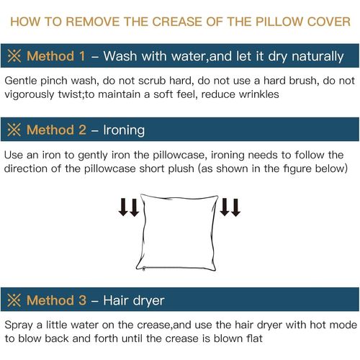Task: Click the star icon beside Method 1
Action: (14, 56)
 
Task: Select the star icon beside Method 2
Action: (14, 130)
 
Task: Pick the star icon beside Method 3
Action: (14, 300)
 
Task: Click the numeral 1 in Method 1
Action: (82, 56)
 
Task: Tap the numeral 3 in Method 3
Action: (82, 300)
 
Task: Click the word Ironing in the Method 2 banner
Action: (124, 130)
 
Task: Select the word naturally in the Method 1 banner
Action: (318, 57)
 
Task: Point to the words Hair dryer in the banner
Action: (134, 300)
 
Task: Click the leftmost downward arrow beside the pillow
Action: (123, 207)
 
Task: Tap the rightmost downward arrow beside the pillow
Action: (236, 207)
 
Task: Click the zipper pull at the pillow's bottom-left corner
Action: (144, 269)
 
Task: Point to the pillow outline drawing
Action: (143, 233)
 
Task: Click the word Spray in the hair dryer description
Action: (19, 325)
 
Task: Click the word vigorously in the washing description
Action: (30, 95)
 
